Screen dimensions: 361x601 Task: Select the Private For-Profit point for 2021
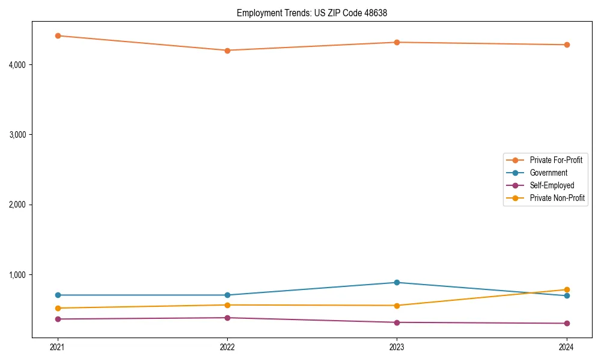tap(58, 35)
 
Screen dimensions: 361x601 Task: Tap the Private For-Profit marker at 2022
tap(227, 51)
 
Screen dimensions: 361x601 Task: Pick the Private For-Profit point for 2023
tap(397, 42)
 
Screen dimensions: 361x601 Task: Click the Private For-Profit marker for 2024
tap(566, 45)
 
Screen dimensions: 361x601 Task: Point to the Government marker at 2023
tap(397, 282)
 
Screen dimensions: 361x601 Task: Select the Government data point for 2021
tap(58, 295)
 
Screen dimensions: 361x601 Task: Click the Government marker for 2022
tap(227, 295)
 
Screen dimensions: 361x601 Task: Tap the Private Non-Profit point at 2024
tap(566, 289)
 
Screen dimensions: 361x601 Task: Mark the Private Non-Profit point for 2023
tap(397, 306)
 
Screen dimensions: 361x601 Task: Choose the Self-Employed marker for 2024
tap(566, 323)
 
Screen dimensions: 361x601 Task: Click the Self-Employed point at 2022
tap(227, 318)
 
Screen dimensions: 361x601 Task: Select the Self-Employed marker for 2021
tap(58, 319)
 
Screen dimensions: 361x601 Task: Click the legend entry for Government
tap(548, 173)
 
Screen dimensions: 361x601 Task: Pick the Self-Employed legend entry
tap(552, 185)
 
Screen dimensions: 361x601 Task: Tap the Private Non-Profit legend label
tap(557, 198)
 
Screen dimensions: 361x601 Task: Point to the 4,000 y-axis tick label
tap(18, 64)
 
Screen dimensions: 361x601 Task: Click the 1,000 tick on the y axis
tap(18, 275)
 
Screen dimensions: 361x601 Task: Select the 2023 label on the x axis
tap(397, 347)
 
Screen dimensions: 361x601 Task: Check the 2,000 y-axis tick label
tap(18, 205)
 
